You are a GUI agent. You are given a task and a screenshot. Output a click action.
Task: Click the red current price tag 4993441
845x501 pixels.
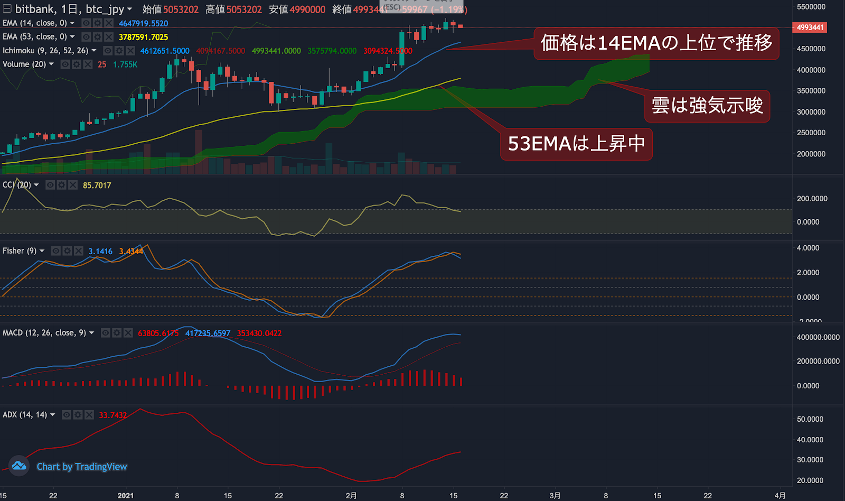click(810, 27)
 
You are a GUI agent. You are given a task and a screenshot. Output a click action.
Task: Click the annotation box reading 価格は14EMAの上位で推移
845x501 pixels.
click(656, 43)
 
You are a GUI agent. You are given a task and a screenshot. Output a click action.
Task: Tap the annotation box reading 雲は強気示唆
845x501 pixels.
click(707, 106)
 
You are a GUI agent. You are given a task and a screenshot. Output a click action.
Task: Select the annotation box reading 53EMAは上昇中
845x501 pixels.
click(576, 144)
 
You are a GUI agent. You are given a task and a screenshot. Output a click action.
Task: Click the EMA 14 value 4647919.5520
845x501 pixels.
click(143, 23)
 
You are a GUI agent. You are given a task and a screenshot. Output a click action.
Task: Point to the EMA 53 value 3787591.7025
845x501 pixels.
click(143, 37)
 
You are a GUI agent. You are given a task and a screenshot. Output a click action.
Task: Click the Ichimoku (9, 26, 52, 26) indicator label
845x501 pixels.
click(45, 51)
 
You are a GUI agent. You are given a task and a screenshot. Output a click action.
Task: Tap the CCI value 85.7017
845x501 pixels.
click(97, 185)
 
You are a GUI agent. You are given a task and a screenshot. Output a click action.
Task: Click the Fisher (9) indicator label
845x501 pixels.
click(20, 251)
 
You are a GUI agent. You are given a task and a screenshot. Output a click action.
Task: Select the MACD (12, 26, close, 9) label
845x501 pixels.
click(44, 333)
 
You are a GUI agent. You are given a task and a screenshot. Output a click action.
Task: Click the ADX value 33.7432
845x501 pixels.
click(113, 415)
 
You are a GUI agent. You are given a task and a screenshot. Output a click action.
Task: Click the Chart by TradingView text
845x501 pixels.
click(82, 467)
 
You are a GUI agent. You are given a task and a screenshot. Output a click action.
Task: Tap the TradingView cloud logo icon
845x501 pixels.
click(19, 466)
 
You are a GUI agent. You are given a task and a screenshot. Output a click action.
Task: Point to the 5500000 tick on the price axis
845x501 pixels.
click(811, 7)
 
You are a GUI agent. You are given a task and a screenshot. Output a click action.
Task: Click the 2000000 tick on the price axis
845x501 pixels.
click(811, 154)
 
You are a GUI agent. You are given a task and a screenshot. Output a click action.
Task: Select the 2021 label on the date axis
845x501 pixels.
click(126, 496)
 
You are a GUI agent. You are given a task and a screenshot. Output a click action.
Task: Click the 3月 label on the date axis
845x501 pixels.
click(555, 496)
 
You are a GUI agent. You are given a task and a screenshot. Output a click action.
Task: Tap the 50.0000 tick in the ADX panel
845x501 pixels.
click(810, 419)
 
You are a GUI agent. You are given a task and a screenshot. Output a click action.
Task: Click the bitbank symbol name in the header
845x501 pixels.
click(35, 9)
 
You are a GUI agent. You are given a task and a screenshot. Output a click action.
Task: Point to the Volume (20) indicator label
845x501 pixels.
click(24, 64)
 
